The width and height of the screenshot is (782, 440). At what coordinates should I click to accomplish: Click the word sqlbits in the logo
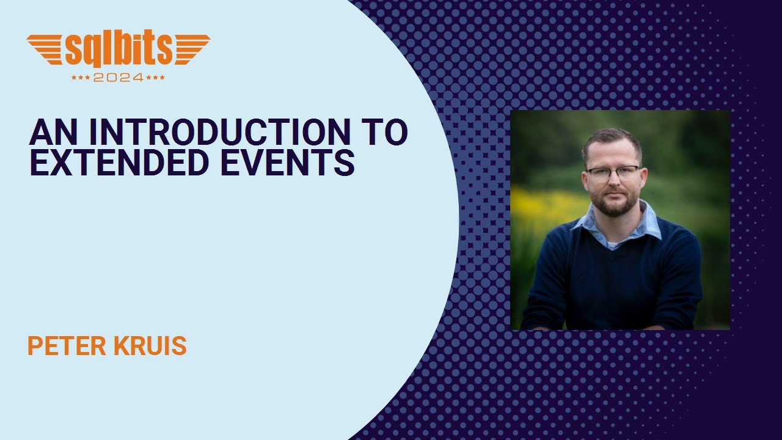(119, 51)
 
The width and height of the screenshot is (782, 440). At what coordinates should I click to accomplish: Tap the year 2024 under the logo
(119, 78)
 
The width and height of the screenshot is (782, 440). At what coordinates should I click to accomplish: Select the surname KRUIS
(148, 346)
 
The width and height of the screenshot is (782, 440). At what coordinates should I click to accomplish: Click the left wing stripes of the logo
(46, 49)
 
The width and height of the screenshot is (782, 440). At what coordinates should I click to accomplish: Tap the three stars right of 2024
(156, 78)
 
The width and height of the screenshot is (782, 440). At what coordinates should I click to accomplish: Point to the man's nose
(613, 183)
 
